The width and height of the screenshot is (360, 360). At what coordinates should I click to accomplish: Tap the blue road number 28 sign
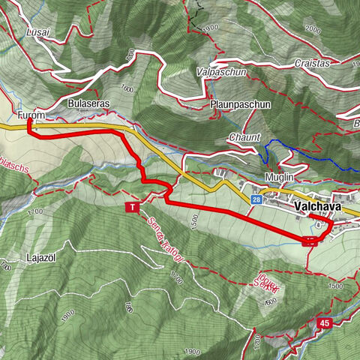(256, 199)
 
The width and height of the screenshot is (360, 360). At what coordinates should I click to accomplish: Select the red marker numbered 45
(324, 323)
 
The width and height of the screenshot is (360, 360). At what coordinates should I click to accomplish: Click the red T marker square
(133, 207)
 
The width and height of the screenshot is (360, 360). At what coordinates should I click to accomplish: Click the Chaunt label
(244, 137)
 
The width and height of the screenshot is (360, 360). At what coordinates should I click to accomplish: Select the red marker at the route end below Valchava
(310, 241)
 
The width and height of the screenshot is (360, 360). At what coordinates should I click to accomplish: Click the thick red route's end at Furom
(28, 121)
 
